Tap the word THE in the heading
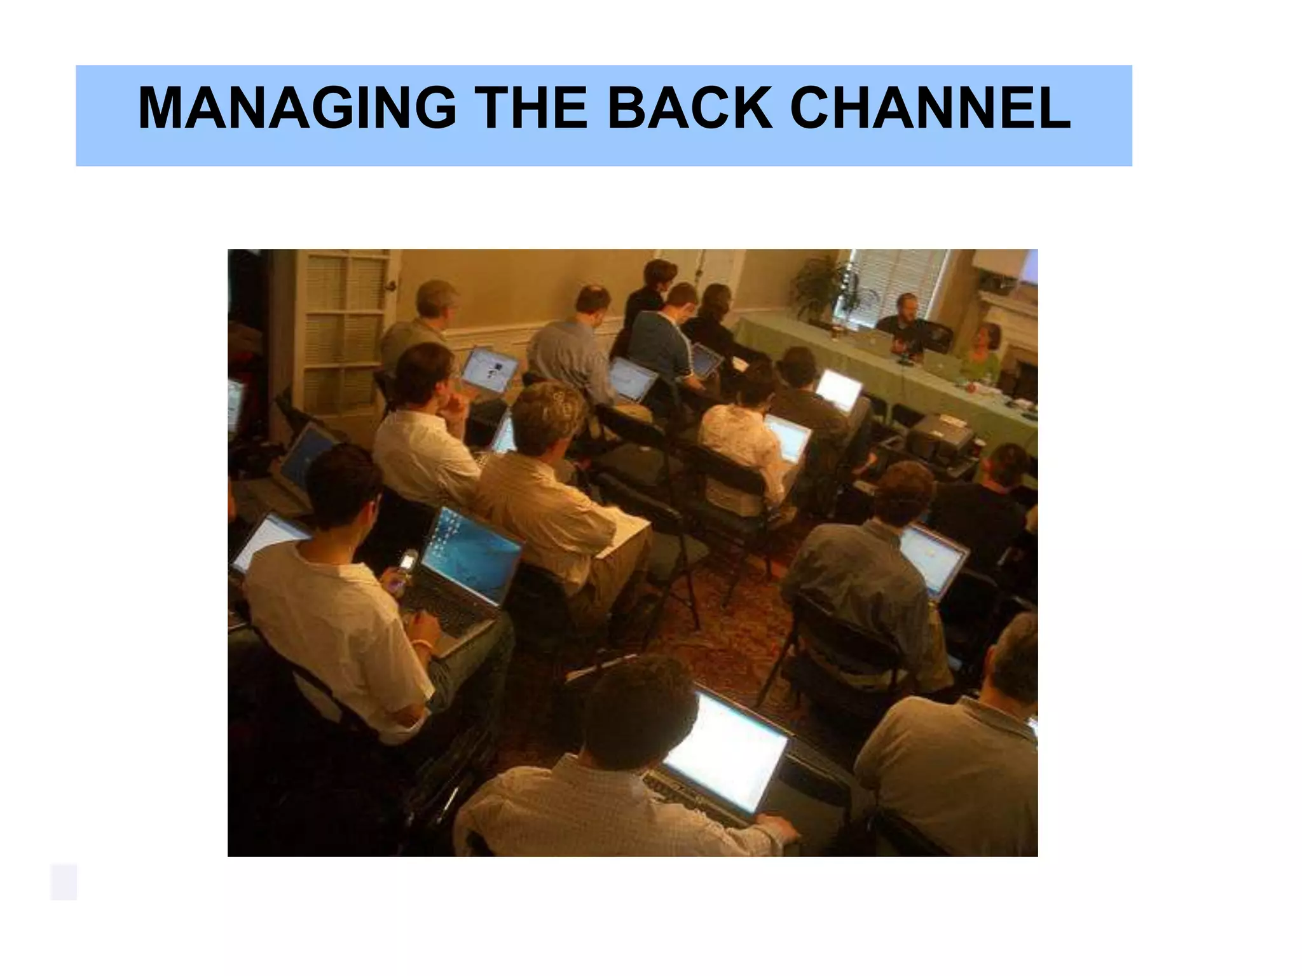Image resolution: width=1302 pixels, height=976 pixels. (531, 108)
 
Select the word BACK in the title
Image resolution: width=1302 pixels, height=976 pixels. (690, 108)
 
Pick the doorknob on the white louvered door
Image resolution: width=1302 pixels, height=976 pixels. (392, 287)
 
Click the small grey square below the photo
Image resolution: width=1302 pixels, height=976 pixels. (64, 881)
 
